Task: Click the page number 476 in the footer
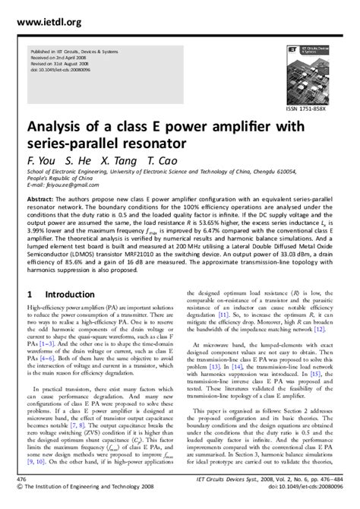tap(10, 481)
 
